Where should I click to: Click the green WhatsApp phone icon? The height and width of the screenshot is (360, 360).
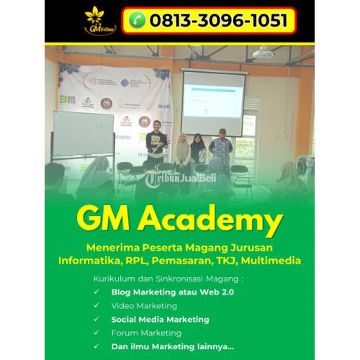pos(138,20)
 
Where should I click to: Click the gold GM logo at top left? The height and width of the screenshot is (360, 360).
pos(94,20)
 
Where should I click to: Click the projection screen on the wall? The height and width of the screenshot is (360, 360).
pos(212,101)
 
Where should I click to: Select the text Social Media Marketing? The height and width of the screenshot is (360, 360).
pos(160,319)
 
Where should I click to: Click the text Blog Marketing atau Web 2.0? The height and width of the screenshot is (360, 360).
pos(173,292)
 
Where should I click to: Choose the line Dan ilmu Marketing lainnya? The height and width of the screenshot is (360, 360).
pos(172,346)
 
